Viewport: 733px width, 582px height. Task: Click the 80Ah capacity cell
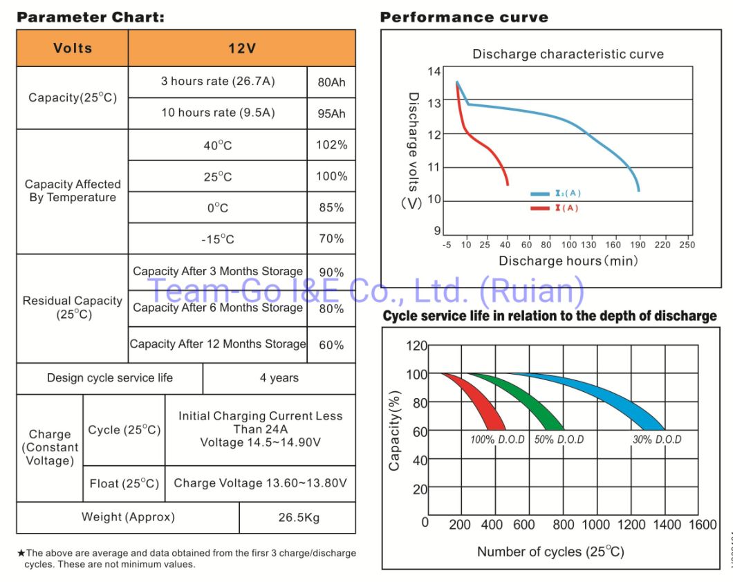pyautogui.click(x=331, y=82)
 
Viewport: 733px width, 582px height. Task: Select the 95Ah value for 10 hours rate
pyautogui.click(x=331, y=113)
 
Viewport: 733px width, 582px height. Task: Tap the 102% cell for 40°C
pyautogui.click(x=331, y=145)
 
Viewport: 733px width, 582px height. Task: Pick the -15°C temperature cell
pyautogui.click(x=217, y=239)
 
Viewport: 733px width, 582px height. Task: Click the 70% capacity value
pyautogui.click(x=331, y=239)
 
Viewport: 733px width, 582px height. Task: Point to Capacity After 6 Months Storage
pyautogui.click(x=217, y=308)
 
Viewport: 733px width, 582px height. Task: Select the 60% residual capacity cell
pyautogui.click(x=331, y=344)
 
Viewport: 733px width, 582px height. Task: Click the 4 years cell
pyautogui.click(x=279, y=378)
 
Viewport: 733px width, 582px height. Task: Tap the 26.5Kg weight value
pyautogui.click(x=297, y=517)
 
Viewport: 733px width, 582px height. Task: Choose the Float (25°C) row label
pyautogui.click(x=124, y=483)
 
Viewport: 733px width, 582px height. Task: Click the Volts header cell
pyautogui.click(x=72, y=48)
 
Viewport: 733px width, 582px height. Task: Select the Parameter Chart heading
pyautogui.click(x=90, y=17)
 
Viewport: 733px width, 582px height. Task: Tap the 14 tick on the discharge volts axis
pyautogui.click(x=434, y=71)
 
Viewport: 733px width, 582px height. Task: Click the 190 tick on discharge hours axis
pyautogui.click(x=639, y=245)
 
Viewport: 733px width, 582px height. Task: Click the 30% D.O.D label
pyautogui.click(x=656, y=440)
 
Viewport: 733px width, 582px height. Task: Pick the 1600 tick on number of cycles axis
pyautogui.click(x=702, y=525)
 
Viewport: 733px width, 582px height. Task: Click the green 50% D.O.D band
pyautogui.click(x=526, y=404)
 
